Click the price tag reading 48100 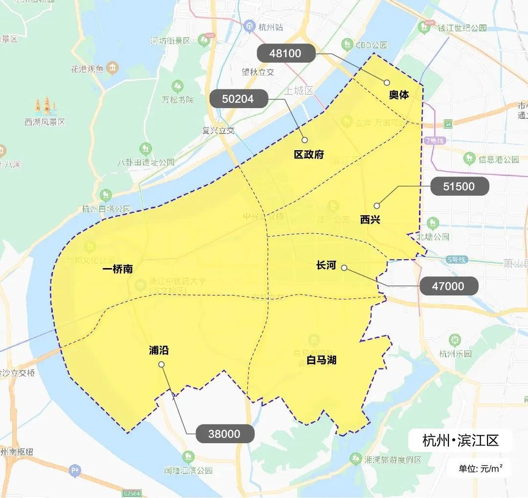(x=286, y=53)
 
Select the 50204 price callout (x=238, y=99)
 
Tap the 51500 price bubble (x=459, y=187)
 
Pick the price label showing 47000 (x=448, y=286)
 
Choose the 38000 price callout (x=224, y=434)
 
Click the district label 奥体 (x=399, y=95)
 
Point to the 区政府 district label (x=308, y=155)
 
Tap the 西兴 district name (x=370, y=220)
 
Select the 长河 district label (x=326, y=266)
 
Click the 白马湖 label (x=321, y=361)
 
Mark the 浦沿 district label (x=159, y=351)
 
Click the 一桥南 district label (x=118, y=270)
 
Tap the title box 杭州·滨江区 (x=460, y=441)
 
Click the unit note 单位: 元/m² (x=481, y=468)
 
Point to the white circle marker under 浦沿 (x=161, y=364)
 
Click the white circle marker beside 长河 (x=344, y=268)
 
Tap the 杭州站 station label (x=270, y=27)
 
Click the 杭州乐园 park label (x=455, y=354)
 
